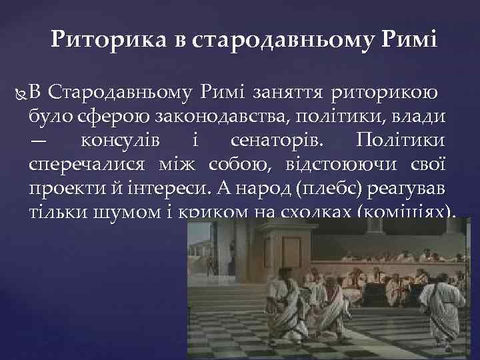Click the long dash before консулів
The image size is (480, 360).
click(39, 141)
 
